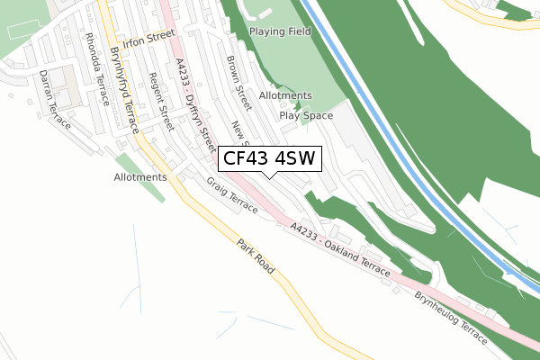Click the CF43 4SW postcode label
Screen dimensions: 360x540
pos(268,159)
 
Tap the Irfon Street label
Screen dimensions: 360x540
pos(148,40)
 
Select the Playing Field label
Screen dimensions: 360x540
pos(280,31)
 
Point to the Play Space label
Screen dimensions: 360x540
pos(306,115)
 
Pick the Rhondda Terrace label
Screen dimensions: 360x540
pos(94,65)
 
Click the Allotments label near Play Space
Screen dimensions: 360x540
pos(285,95)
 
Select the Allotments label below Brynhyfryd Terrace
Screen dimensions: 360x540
pos(140,177)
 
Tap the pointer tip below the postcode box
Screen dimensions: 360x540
pos(268,176)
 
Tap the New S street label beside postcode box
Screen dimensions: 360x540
pos(239,133)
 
